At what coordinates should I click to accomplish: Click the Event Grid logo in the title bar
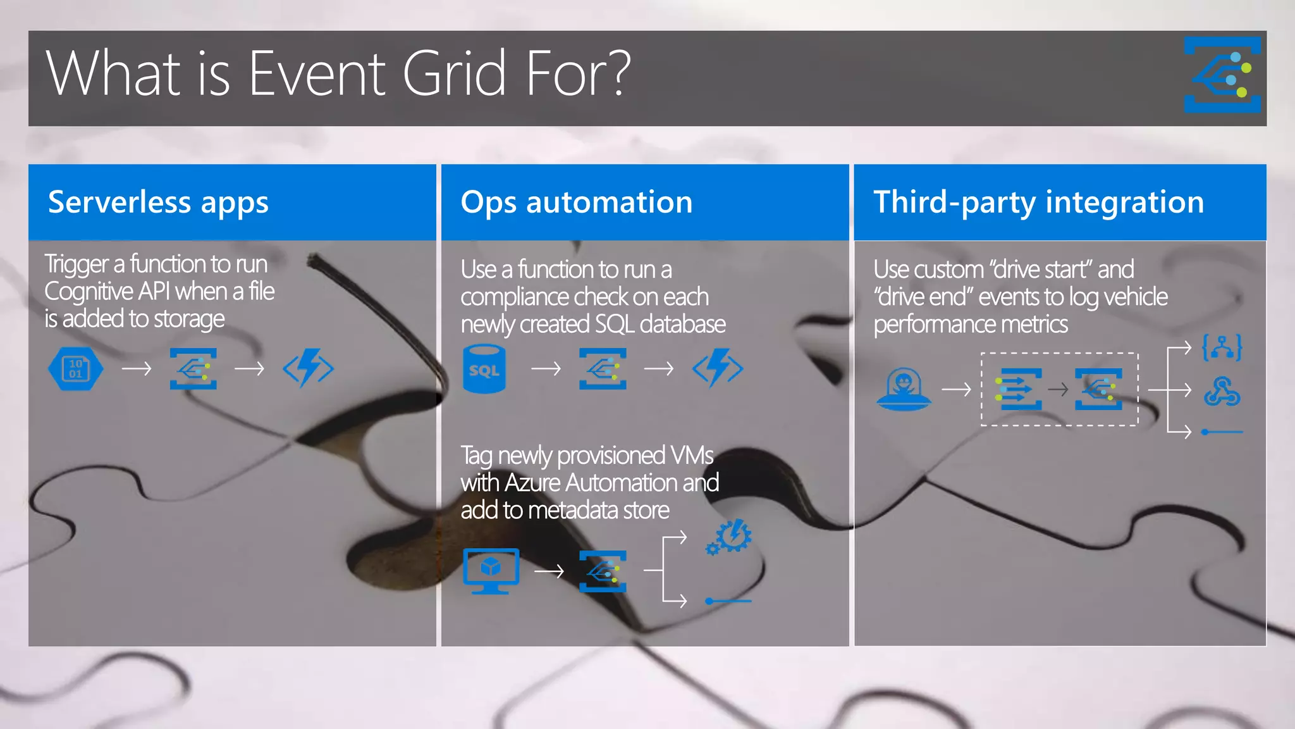click(1222, 75)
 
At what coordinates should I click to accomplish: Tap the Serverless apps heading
click(158, 202)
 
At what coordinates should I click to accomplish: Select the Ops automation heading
click(576, 202)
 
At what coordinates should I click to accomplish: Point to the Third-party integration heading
click(1038, 202)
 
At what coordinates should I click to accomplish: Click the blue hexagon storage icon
click(75, 368)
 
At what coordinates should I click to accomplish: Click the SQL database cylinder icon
click(484, 368)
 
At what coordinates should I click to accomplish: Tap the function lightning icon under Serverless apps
click(308, 368)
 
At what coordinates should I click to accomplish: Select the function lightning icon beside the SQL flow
click(717, 368)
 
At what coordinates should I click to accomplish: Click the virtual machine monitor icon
click(491, 570)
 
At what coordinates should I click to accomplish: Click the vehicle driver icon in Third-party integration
click(903, 389)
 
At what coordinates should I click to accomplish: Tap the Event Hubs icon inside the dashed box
click(1018, 389)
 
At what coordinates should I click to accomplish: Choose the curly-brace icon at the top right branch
click(1222, 347)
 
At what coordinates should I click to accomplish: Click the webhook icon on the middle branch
click(1222, 391)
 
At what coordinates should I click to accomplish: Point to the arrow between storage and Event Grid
click(137, 368)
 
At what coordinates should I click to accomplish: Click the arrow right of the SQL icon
click(546, 368)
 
